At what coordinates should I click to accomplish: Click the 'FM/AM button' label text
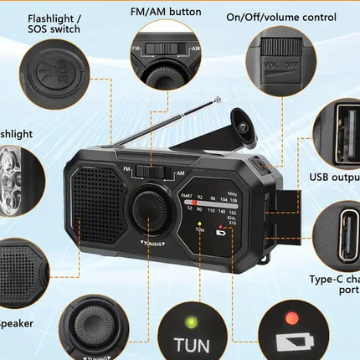coord(166,13)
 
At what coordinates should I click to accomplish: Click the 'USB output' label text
coord(334,177)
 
